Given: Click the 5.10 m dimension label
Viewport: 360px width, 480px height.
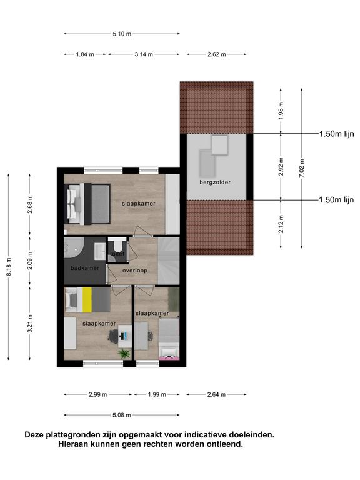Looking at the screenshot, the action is pyautogui.click(x=122, y=34).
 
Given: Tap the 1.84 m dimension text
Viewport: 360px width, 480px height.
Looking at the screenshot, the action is pyautogui.click(x=85, y=54).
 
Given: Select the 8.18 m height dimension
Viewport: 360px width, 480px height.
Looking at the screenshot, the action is pyautogui.click(x=9, y=267).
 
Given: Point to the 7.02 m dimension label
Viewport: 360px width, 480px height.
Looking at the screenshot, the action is pyautogui.click(x=302, y=168).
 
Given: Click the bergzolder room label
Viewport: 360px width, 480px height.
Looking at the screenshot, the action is pyautogui.click(x=215, y=182).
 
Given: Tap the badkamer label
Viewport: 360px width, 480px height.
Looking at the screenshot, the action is pyautogui.click(x=85, y=268).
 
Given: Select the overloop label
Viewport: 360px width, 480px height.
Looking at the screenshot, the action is pyautogui.click(x=135, y=271).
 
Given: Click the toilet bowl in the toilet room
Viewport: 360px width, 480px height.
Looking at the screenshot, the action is pyautogui.click(x=117, y=245).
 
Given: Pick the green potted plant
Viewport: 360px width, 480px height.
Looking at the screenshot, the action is pyautogui.click(x=124, y=354).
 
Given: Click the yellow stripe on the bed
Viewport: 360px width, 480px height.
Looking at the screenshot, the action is pyautogui.click(x=87, y=300).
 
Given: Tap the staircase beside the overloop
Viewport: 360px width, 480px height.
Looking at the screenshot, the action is pyautogui.click(x=169, y=261).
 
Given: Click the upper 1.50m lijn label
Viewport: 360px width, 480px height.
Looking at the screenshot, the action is pyautogui.click(x=337, y=134).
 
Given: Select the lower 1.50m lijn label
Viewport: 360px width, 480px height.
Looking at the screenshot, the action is pyautogui.click(x=336, y=200).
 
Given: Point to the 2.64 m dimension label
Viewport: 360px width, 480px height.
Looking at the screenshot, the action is pyautogui.click(x=216, y=394).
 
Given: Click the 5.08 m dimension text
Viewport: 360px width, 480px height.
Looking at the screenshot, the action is pyautogui.click(x=121, y=416).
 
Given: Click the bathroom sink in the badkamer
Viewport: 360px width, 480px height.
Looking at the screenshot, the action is pyautogui.click(x=100, y=251).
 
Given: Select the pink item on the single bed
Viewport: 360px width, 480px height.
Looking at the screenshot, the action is pyautogui.click(x=169, y=357).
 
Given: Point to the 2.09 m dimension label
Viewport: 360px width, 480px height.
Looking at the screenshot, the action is pyautogui.click(x=30, y=261).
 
